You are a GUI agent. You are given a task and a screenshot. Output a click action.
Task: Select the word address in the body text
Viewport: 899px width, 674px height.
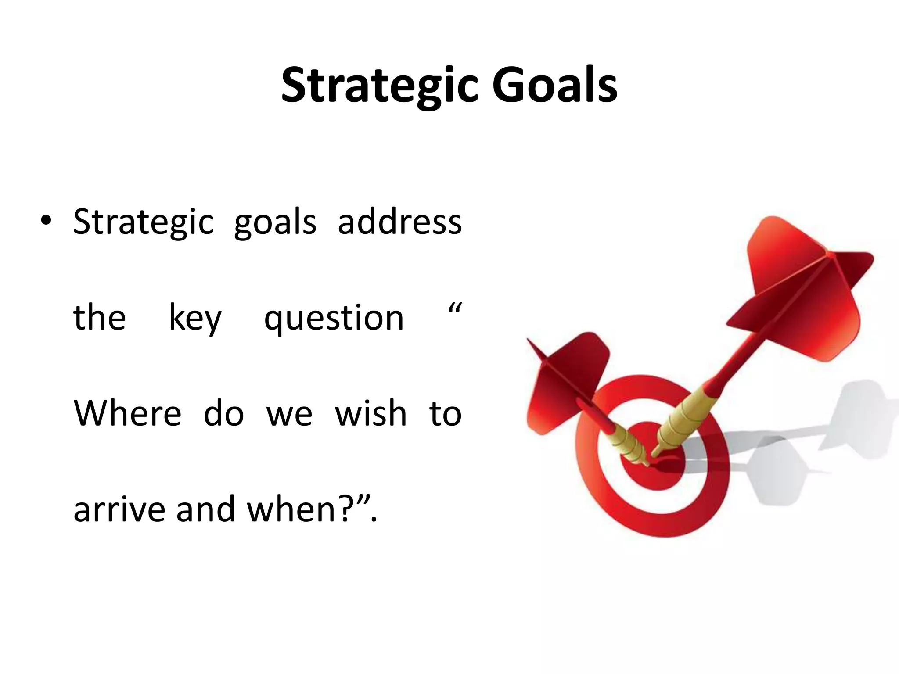399,222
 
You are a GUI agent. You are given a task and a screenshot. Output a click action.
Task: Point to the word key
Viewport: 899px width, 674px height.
195,318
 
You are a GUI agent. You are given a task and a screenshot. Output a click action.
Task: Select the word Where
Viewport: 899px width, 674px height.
127,413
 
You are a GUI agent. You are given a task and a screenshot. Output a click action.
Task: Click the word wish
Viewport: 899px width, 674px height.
371,413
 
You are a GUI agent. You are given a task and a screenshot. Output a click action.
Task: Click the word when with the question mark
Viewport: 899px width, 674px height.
303,509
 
